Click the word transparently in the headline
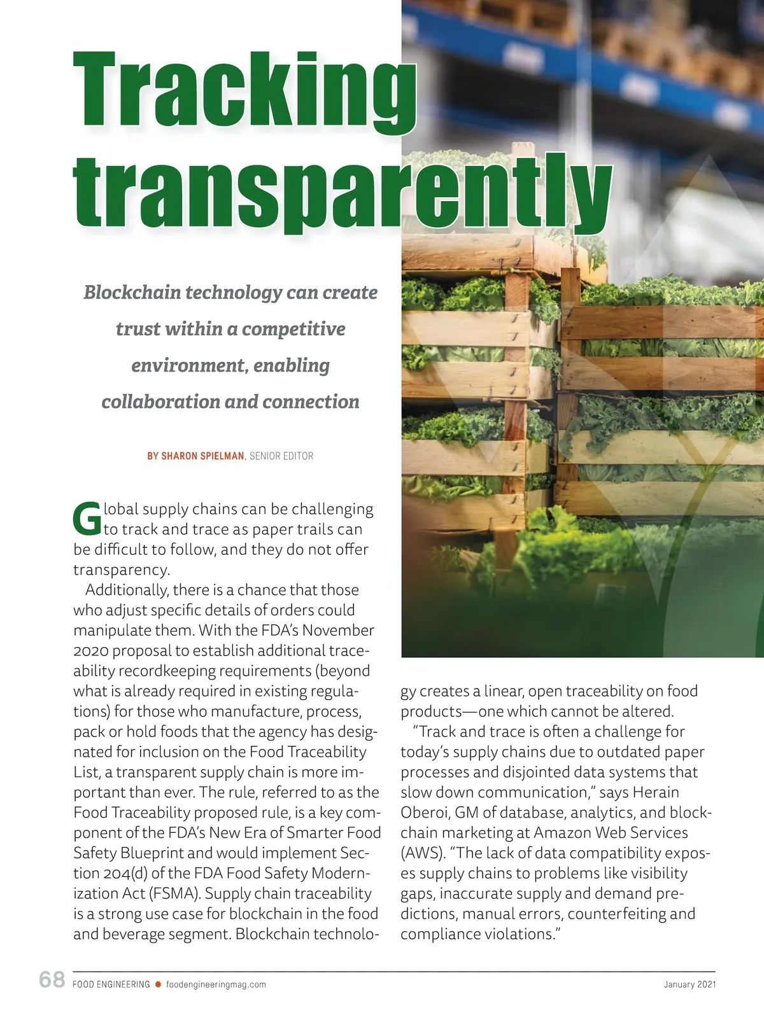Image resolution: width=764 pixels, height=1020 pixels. coord(343,192)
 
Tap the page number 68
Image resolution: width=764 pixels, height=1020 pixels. coord(52,979)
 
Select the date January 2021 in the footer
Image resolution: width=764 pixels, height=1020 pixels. coord(690,984)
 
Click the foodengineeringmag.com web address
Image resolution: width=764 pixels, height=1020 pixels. coord(216,984)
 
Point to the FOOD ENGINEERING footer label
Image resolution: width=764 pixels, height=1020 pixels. coord(111,984)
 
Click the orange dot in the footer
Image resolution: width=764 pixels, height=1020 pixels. coord(158,984)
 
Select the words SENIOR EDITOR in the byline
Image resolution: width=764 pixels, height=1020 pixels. coord(281,456)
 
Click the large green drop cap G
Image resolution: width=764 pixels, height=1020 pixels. coord(87,519)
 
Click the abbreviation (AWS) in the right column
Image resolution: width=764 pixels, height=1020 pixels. coord(421,853)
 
